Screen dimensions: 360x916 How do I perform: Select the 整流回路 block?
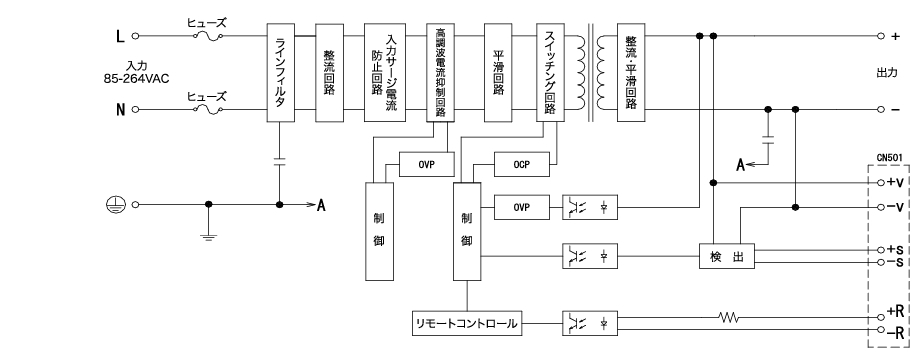(x=330, y=73)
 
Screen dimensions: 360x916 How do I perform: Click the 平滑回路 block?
(x=498, y=73)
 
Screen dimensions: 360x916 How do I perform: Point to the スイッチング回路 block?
(x=551, y=73)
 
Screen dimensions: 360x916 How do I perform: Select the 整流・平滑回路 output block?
(x=629, y=73)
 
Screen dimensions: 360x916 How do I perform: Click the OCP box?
(x=520, y=163)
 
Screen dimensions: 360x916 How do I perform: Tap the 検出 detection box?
(x=725, y=255)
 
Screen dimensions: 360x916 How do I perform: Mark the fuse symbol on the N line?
(x=213, y=109)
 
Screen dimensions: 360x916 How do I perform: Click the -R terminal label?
(x=896, y=332)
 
